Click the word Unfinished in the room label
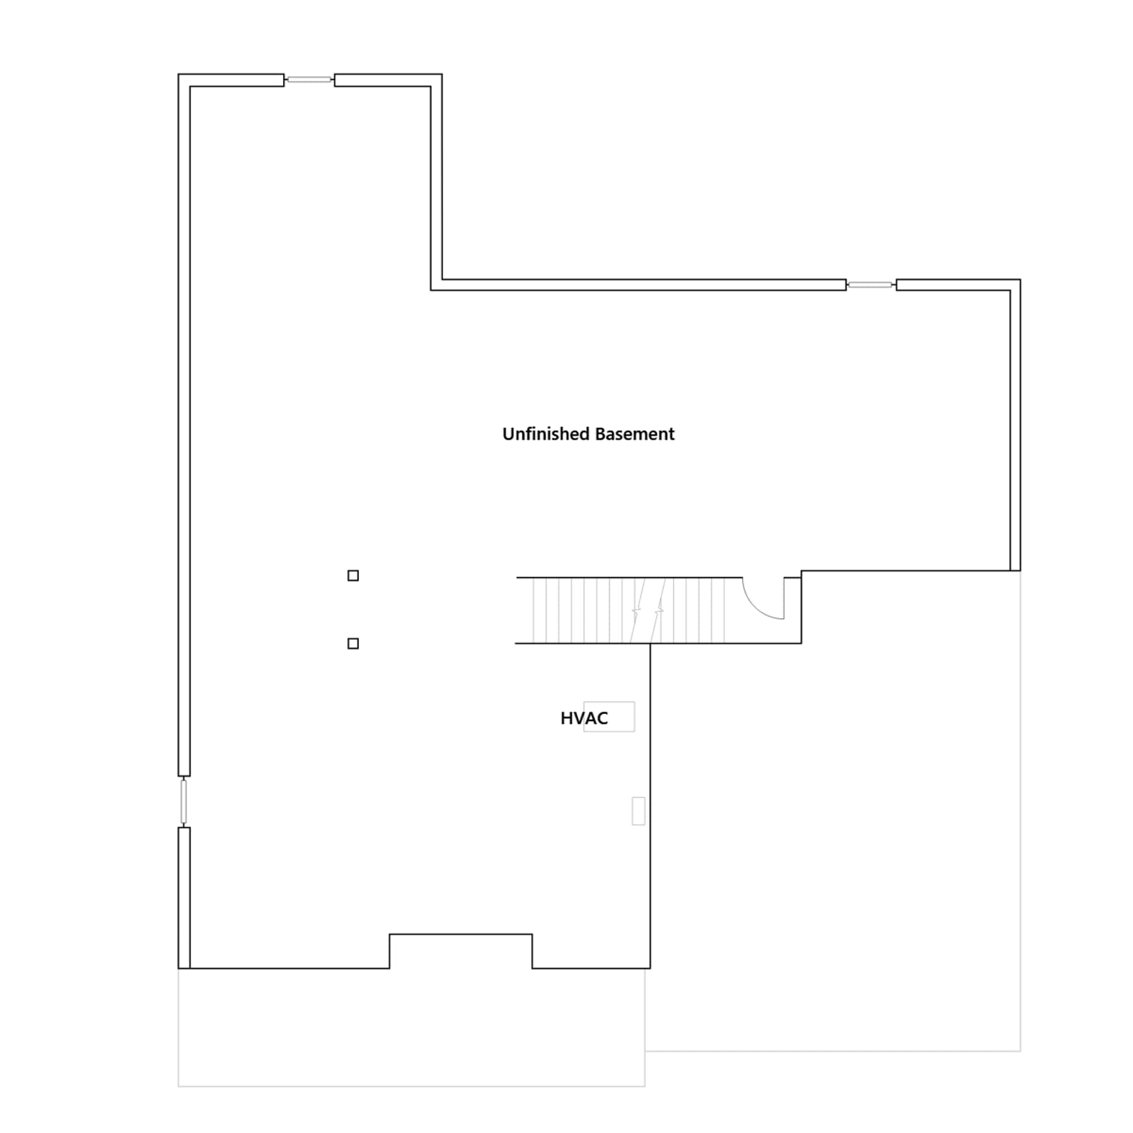coord(545,434)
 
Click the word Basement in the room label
coord(634,434)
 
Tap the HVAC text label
coord(584,718)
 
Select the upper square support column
coord(353,576)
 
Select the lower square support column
coord(353,643)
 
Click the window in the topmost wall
coord(309,79)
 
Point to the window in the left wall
coord(184,802)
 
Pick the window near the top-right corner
coord(871,285)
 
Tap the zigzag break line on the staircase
coord(648,610)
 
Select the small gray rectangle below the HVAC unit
coord(638,811)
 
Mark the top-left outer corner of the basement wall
coord(178,74)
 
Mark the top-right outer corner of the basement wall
coord(1020,280)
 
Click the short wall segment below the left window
coord(184,898)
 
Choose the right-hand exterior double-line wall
coord(1015,425)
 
